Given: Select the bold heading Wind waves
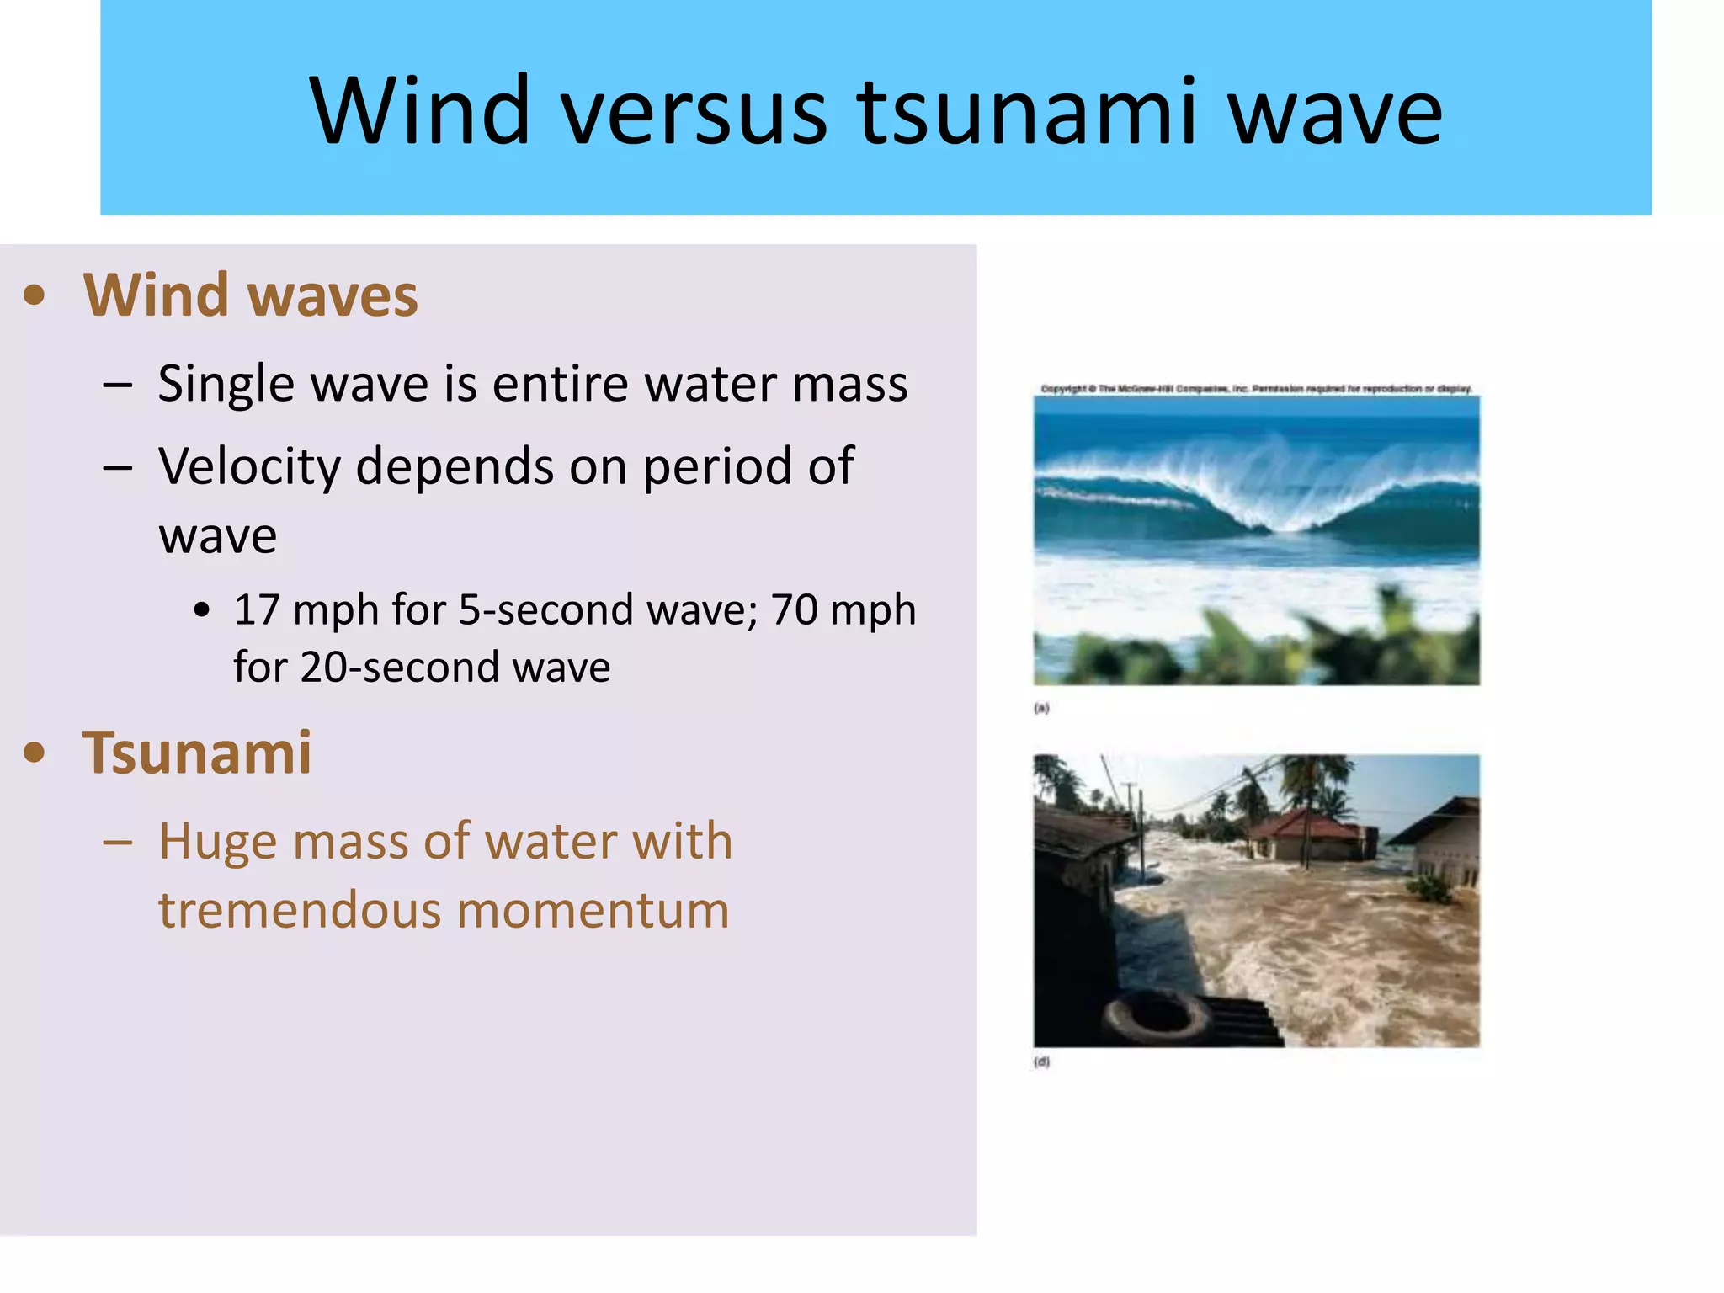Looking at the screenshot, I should [x=250, y=295].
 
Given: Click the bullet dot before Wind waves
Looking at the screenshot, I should [x=35, y=295].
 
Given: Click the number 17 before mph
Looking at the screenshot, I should [x=257, y=609].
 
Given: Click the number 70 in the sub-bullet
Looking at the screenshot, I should [x=794, y=609].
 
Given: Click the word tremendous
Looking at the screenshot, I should [x=299, y=911].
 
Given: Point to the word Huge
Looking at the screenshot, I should [x=217, y=841].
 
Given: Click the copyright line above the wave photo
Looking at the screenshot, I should [x=1256, y=389].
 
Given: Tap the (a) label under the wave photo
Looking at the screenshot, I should [x=1041, y=708].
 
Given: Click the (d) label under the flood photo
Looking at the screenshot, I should [x=1041, y=1062].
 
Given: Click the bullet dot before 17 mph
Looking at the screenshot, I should [x=201, y=610].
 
